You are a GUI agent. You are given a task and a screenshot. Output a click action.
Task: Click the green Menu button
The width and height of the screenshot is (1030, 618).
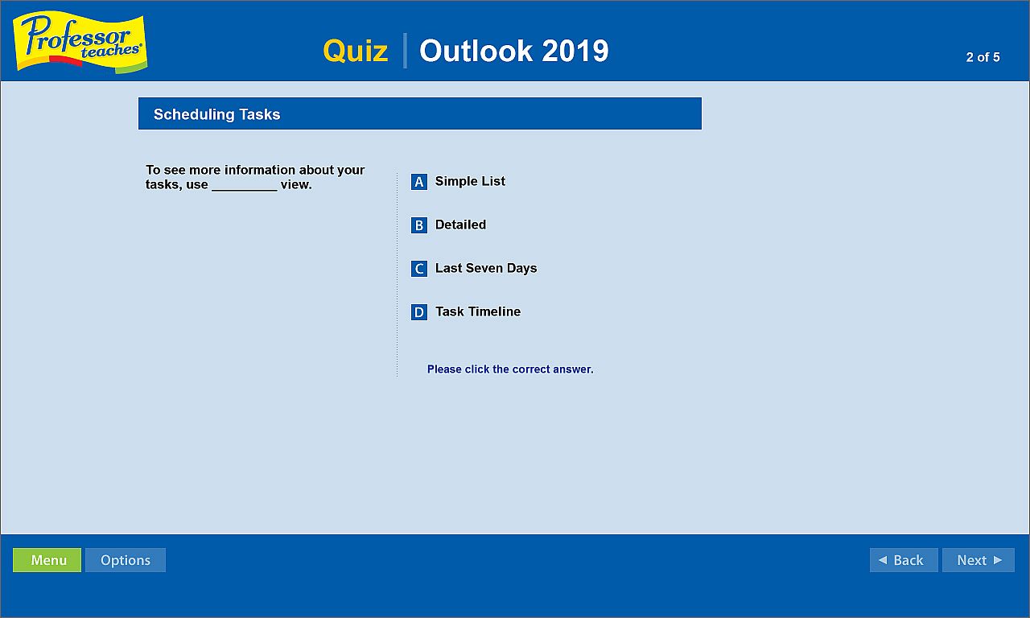[x=47, y=560]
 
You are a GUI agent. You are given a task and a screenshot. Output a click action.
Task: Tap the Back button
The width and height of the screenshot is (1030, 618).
[x=904, y=560]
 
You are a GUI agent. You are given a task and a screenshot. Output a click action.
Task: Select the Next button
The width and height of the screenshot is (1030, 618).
[x=978, y=560]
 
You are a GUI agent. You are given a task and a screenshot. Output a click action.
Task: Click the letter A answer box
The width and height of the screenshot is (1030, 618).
[x=419, y=182]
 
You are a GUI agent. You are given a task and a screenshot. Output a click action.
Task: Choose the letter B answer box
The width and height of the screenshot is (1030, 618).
[x=419, y=225]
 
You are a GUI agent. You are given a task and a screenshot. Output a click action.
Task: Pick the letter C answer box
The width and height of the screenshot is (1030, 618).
[x=419, y=269]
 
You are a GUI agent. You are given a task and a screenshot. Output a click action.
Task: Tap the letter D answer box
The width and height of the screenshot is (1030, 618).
[x=419, y=312]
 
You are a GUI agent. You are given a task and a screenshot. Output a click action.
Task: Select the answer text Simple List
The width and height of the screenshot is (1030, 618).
[x=470, y=181]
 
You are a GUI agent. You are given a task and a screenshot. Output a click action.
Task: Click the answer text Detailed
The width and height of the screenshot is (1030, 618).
[x=460, y=225]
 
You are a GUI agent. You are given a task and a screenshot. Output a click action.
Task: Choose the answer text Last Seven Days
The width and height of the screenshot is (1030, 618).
[x=486, y=268]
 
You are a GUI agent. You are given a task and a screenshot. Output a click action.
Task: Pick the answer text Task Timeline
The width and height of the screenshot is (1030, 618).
[x=478, y=311]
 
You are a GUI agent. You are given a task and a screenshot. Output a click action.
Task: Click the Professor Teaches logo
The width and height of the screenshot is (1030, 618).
[x=80, y=43]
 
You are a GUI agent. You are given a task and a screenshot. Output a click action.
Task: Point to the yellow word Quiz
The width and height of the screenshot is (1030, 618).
[x=356, y=50]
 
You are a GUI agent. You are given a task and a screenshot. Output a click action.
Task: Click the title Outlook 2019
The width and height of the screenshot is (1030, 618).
[x=513, y=50]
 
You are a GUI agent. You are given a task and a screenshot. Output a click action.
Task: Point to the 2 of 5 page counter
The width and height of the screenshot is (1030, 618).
[x=983, y=57]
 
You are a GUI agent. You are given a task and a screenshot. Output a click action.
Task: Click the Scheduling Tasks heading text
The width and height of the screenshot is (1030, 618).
[x=216, y=114]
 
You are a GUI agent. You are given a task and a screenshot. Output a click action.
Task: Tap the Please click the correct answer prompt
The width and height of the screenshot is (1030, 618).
[x=510, y=369]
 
